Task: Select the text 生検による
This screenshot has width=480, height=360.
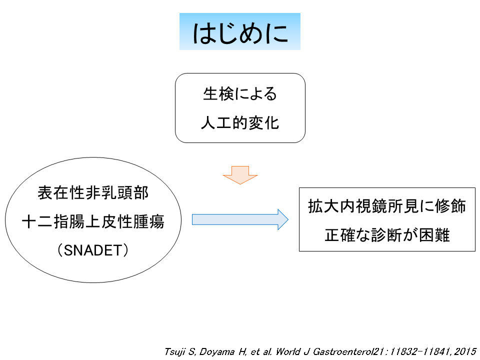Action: coord(240,93)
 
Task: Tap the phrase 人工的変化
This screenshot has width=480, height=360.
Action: coord(240,123)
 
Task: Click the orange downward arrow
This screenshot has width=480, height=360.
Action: coord(240,175)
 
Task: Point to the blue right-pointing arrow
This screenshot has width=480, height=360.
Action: coord(240,219)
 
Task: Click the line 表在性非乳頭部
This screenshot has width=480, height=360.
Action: coord(93,193)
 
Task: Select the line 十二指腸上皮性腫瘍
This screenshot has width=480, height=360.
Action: coord(93,221)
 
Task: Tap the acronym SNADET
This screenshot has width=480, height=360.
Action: coord(93,250)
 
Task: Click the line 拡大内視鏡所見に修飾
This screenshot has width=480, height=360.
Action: coord(387,206)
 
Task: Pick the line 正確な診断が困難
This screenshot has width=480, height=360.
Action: coord(387,235)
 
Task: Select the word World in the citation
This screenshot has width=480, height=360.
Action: coord(288,351)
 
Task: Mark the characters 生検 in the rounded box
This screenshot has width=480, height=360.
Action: coord(218,93)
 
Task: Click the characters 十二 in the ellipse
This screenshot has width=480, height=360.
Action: coord(37,221)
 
